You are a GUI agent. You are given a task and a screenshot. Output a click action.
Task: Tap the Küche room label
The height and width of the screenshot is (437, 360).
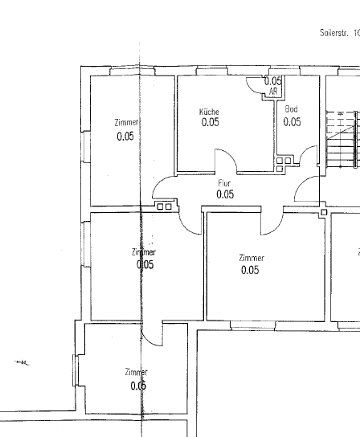pos(209,112)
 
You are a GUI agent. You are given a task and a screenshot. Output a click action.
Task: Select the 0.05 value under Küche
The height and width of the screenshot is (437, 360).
pos(210,123)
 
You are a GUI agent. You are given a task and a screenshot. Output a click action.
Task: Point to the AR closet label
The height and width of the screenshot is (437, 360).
pos(273,92)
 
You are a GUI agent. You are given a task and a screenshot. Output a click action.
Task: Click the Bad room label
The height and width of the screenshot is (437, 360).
pos(292,108)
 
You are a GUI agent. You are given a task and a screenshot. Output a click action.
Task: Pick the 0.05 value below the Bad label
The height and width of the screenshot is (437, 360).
pos(292,122)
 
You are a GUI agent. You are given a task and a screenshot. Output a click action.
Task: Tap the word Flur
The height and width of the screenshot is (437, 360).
pos(224,183)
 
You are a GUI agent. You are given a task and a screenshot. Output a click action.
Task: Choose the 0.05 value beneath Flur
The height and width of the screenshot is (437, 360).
pos(225,194)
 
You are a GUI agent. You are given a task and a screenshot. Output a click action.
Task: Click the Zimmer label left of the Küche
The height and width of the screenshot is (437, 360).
pos(126,123)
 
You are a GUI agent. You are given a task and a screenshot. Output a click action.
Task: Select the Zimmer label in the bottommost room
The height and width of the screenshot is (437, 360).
pos(136,373)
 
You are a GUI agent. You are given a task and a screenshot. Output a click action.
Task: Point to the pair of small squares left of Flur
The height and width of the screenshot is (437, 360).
pos(164,206)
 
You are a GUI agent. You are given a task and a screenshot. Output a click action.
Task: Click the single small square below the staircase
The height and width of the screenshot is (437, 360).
pos(323,213)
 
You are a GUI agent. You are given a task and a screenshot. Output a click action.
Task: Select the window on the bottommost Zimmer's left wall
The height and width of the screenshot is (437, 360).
pos(76,373)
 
